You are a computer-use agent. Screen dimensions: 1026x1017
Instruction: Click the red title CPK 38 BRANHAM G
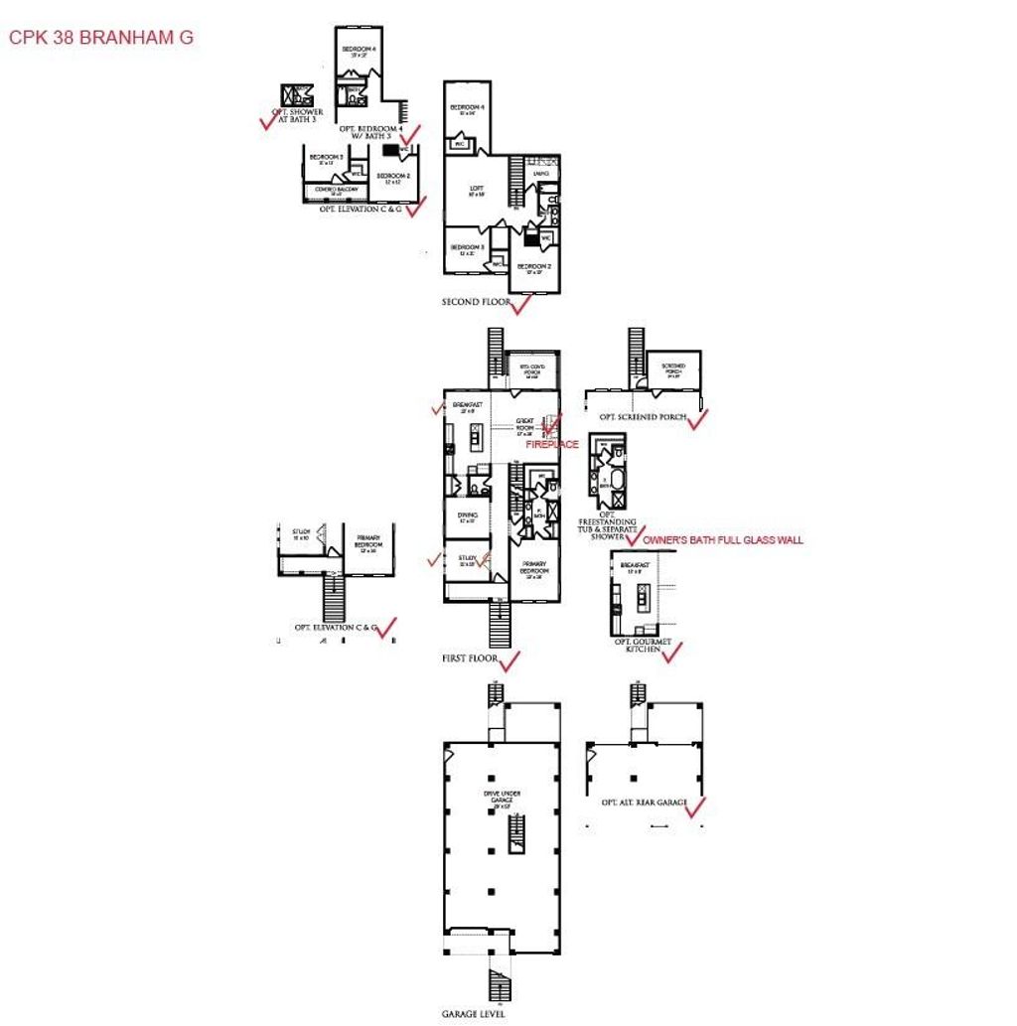100,39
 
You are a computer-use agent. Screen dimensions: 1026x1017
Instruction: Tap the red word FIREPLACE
551,445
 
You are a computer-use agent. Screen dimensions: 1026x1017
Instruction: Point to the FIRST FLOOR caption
470,658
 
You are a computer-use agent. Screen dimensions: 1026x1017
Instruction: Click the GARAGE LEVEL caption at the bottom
474,1014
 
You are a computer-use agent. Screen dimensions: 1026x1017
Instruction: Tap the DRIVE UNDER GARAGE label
502,798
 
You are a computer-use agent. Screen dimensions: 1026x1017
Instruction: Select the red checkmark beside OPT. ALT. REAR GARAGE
695,807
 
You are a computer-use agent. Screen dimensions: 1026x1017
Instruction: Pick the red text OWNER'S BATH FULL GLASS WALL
723,540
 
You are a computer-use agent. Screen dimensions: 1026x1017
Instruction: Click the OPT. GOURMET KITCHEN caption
644,646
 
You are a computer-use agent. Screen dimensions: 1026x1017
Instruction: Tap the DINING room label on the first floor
468,516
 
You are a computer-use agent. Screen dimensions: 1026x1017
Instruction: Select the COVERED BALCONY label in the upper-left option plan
335,190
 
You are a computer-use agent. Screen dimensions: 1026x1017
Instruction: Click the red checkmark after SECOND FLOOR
519,304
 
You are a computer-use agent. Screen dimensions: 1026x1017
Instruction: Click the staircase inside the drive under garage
515,838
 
